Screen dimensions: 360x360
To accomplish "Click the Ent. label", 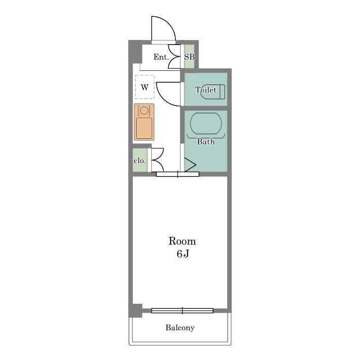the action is click(161, 57).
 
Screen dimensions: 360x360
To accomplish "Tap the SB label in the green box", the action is click(190, 57).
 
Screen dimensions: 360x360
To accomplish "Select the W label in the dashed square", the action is click(145, 87).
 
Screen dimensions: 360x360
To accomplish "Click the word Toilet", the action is click(206, 90).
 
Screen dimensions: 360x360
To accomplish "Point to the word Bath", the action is click(206, 142).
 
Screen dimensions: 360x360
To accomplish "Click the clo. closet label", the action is click(140, 161).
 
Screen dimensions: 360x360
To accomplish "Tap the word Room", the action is click(182, 241).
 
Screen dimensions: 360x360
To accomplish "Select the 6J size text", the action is click(183, 254).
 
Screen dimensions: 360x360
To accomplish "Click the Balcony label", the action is click(180, 327).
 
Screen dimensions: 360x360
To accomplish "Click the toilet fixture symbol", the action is click(214, 92).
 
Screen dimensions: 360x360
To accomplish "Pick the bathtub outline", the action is click(206, 123).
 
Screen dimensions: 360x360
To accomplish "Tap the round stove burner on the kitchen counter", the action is click(144, 110).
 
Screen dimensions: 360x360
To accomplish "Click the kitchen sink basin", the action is click(144, 128).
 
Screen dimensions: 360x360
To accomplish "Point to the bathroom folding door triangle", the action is click(190, 165).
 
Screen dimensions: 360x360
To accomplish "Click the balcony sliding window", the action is click(182, 310).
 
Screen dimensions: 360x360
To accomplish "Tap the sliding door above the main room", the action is click(178, 174).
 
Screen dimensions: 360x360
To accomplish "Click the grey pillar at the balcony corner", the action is click(135, 310).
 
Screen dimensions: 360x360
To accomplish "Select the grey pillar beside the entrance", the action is click(135, 52).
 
